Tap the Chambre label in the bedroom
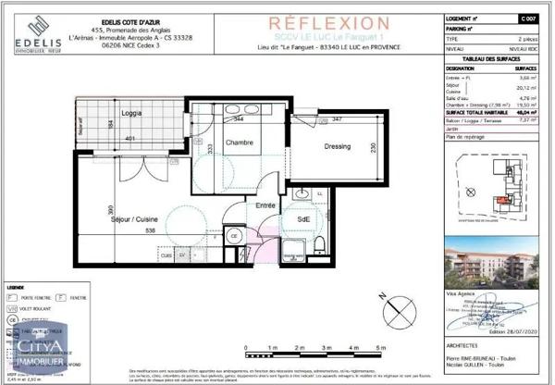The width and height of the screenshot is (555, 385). coord(240,142)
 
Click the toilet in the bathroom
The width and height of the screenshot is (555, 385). coord(319,243)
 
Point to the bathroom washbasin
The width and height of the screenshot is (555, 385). coord(303,195)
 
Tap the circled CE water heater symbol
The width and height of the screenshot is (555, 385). coord(235,236)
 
